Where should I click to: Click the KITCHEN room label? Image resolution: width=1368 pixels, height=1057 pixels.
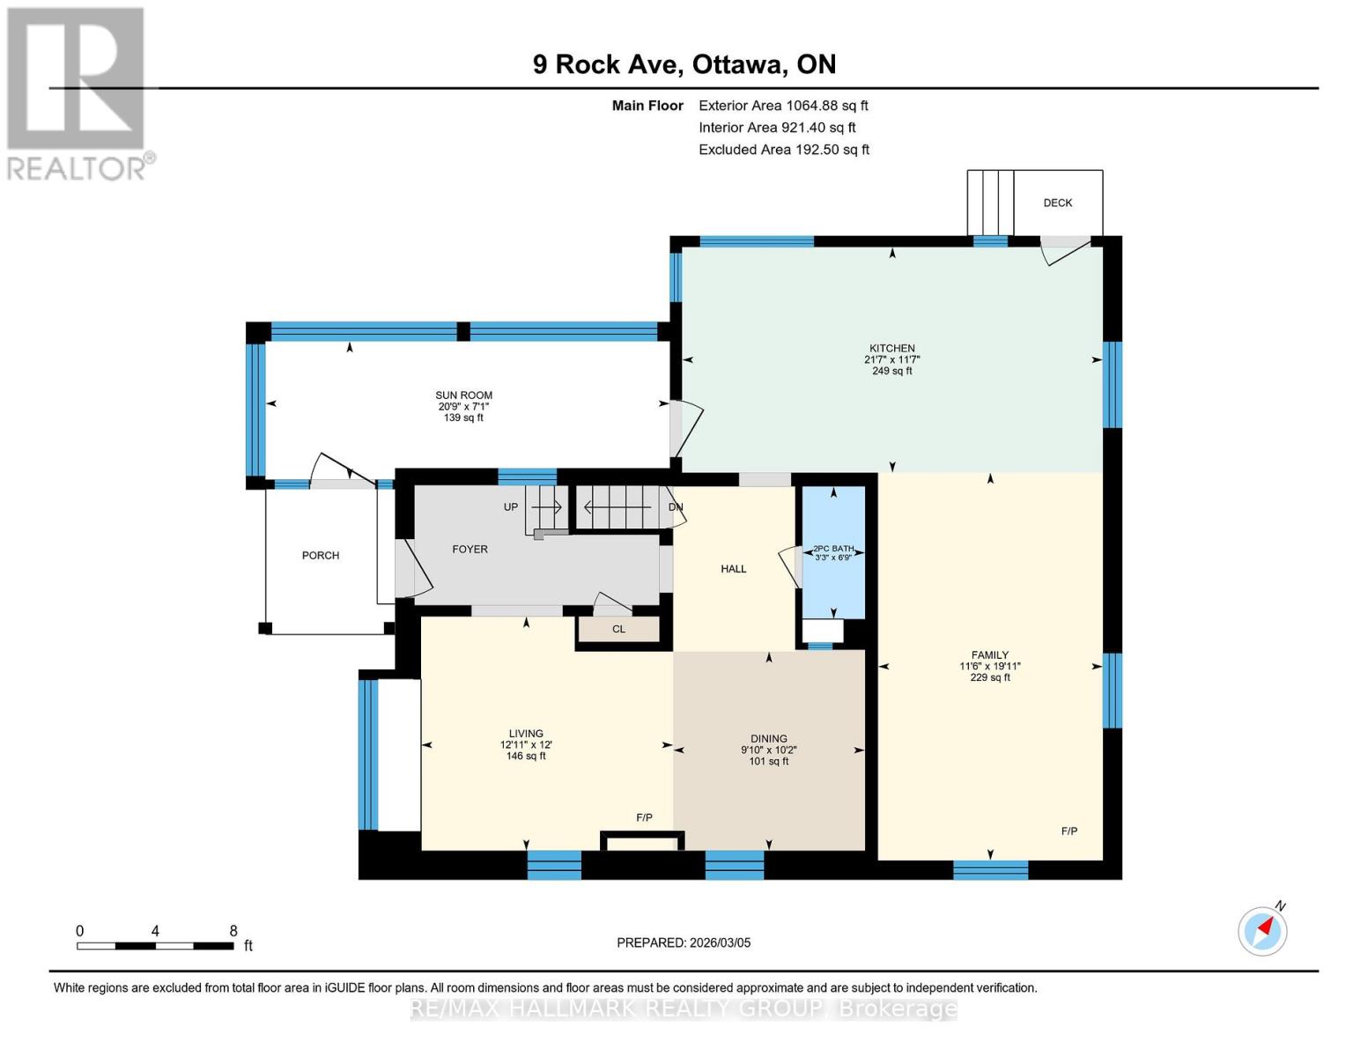tap(891, 348)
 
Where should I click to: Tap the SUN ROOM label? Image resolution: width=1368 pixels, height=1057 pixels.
tap(463, 395)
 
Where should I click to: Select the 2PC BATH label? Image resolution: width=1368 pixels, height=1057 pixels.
tap(833, 549)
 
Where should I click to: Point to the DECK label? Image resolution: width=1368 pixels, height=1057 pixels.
tap(1057, 203)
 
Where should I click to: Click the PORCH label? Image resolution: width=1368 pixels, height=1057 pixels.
tap(320, 555)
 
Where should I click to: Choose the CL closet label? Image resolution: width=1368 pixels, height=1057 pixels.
tap(618, 629)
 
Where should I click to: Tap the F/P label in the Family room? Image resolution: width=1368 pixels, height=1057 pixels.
tap(1069, 831)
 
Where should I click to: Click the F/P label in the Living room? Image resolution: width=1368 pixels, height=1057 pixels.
tap(644, 817)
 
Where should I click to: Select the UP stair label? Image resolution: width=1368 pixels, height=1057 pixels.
tap(511, 506)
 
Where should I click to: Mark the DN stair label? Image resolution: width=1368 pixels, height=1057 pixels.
tap(676, 507)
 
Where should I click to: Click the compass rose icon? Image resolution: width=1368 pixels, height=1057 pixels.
tap(1262, 930)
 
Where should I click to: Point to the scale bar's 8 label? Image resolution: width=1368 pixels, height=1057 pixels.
tap(233, 930)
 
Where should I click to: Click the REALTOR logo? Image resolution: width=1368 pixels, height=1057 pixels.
tap(78, 92)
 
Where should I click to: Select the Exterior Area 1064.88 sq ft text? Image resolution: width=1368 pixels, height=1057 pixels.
tap(783, 106)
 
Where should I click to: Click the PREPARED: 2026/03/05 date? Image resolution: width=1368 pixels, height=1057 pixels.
tap(684, 942)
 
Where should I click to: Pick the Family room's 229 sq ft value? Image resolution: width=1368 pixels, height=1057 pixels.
tap(989, 677)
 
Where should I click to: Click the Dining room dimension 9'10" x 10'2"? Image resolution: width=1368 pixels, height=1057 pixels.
tap(768, 750)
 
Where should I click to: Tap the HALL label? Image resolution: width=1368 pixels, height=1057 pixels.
tap(733, 569)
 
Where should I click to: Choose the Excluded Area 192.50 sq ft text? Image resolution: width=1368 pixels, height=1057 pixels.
tap(783, 150)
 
